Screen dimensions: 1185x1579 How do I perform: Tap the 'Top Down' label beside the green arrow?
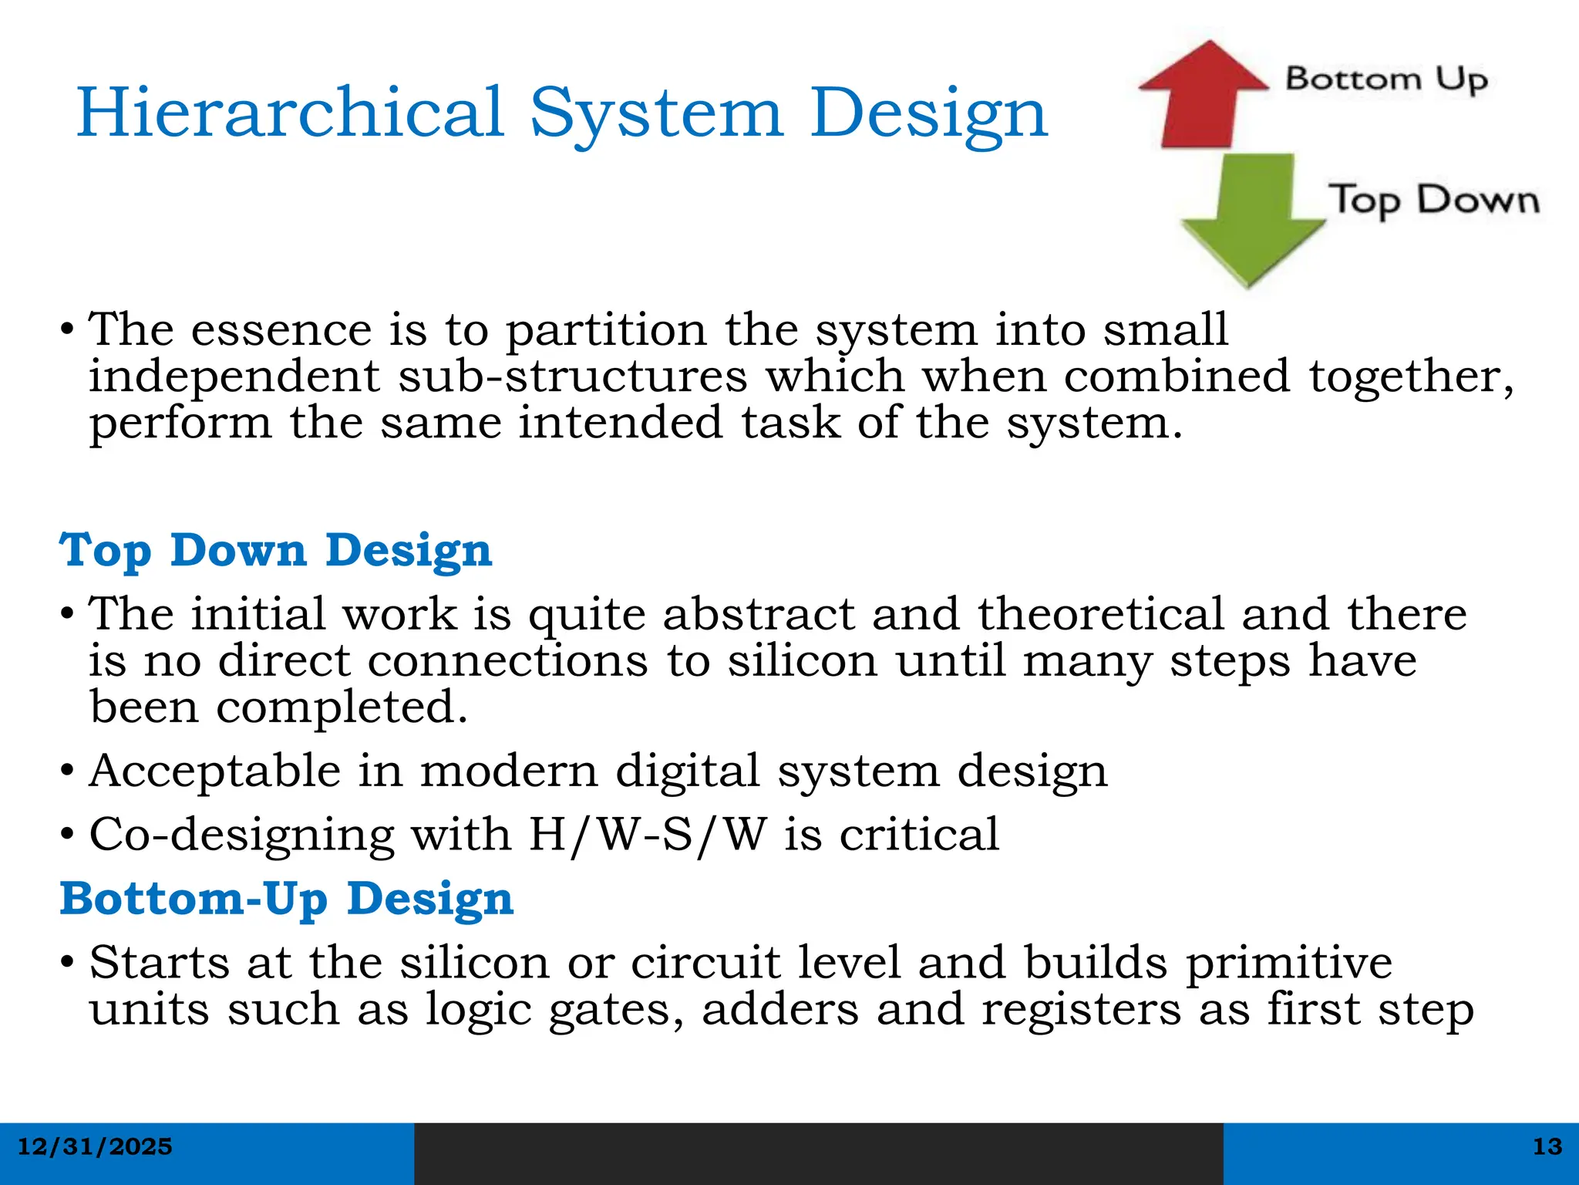(1433, 201)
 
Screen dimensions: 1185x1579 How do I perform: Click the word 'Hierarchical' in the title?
(290, 113)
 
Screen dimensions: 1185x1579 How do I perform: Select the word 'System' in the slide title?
(656, 114)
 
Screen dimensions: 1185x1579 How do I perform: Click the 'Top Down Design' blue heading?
(275, 551)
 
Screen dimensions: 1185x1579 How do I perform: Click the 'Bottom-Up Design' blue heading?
(286, 900)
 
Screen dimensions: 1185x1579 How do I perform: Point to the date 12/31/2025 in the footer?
(95, 1147)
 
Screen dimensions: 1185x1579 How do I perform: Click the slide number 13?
(1547, 1147)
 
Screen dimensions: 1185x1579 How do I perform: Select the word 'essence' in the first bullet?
(281, 330)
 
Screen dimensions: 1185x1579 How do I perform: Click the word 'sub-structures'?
(572, 376)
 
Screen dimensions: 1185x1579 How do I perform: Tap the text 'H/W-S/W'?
(648, 835)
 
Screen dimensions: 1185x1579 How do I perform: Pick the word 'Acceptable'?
(215, 771)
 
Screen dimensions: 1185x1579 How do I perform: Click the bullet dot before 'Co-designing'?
(68, 835)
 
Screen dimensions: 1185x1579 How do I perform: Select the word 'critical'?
(919, 835)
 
